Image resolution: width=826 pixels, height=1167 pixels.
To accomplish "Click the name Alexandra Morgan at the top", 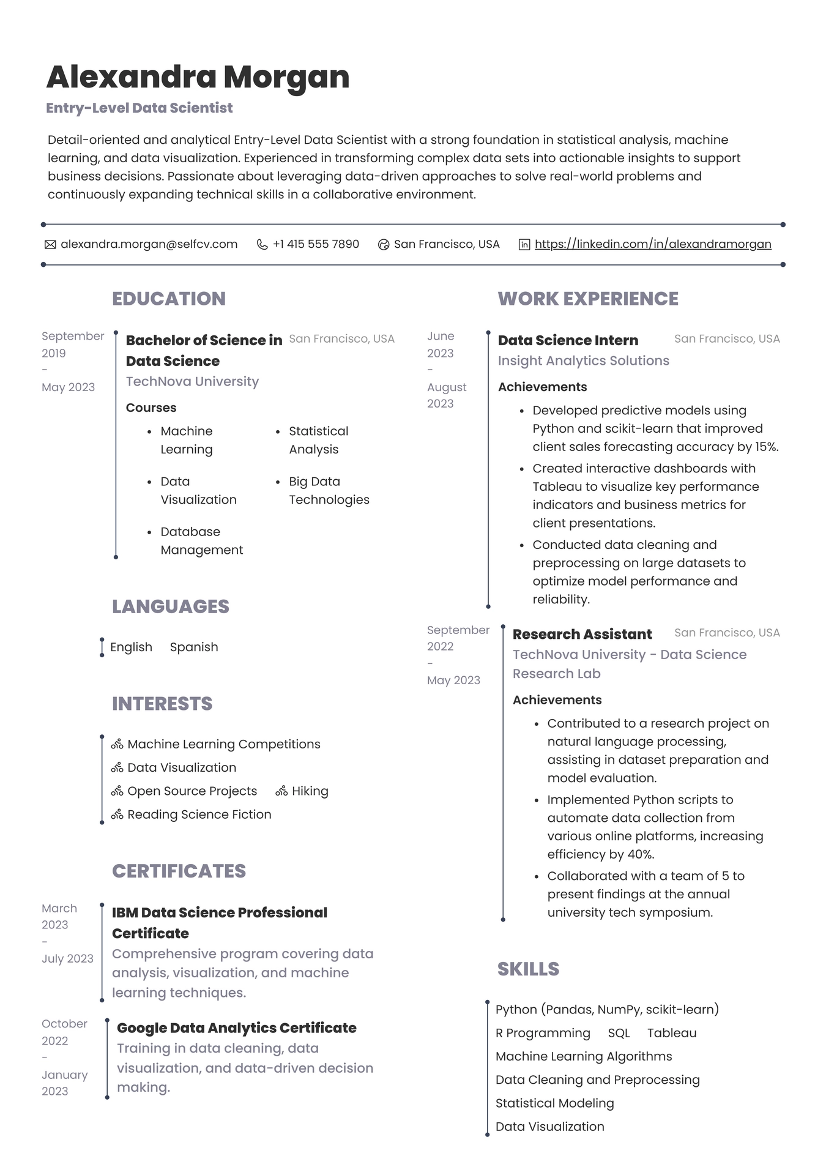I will click(198, 77).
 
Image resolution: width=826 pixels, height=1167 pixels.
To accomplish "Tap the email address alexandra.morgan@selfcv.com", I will click(149, 244).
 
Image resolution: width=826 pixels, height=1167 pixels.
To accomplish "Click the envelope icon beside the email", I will click(50, 245).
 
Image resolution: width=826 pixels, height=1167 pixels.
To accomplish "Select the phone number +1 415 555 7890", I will click(316, 244).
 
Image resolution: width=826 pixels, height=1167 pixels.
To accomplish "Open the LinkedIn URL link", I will click(652, 244).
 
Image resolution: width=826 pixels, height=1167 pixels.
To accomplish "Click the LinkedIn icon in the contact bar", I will click(524, 245).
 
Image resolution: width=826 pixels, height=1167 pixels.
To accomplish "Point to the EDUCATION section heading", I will click(169, 299).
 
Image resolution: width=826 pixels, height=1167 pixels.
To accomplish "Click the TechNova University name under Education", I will click(192, 381).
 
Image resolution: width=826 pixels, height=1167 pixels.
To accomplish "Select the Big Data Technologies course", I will click(329, 490).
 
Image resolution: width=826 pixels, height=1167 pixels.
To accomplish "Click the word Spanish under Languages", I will click(193, 647).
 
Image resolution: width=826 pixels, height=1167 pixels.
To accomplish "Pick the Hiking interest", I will click(310, 791).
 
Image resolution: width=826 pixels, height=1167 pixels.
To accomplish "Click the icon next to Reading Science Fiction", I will click(117, 815).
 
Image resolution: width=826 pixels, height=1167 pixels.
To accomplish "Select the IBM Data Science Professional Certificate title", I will click(219, 922).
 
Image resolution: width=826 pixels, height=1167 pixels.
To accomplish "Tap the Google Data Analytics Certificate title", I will click(236, 1027).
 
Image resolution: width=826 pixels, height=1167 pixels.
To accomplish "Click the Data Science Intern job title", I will click(568, 340).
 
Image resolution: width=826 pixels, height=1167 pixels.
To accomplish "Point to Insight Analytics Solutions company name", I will click(583, 360).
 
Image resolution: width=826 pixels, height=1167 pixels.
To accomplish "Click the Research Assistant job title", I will click(582, 634).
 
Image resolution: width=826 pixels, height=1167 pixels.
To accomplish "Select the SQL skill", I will click(619, 1033).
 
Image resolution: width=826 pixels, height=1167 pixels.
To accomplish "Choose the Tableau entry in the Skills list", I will click(672, 1033).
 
